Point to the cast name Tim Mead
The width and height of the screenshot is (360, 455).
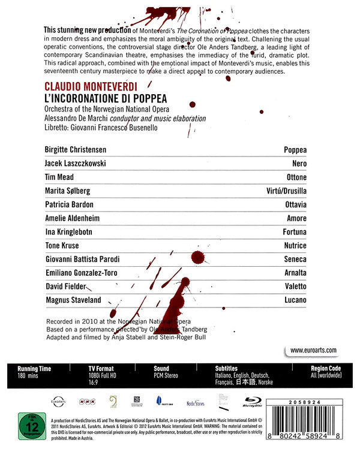(x=61, y=177)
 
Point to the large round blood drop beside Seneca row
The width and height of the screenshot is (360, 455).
(x=196, y=258)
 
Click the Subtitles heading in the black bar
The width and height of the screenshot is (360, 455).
(x=226, y=368)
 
